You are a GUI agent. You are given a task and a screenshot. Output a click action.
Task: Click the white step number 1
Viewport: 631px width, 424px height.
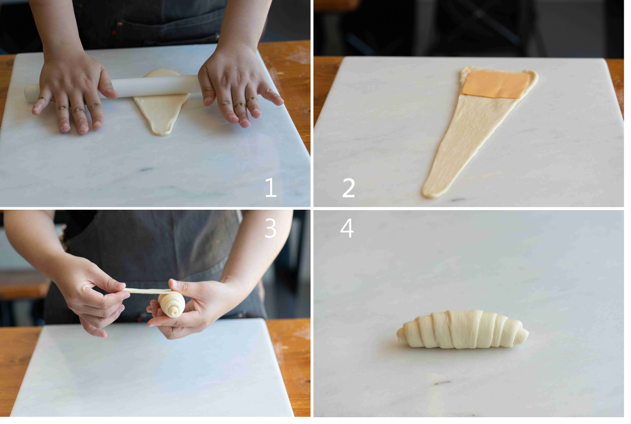point(271,187)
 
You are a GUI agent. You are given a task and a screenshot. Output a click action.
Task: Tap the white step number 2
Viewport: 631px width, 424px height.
point(349,188)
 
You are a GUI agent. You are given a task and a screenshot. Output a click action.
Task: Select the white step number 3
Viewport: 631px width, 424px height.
point(270,228)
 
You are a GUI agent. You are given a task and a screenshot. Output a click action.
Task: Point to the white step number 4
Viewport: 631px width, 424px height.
point(347,228)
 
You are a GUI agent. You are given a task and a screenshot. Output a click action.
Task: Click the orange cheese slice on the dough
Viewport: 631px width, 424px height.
point(496,84)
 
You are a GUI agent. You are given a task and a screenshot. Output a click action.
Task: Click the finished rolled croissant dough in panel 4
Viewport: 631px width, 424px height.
point(463,330)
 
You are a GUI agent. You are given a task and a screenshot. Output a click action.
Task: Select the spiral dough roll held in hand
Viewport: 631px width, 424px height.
point(171,304)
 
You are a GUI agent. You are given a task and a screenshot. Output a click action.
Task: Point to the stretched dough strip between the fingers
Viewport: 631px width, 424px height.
point(148,291)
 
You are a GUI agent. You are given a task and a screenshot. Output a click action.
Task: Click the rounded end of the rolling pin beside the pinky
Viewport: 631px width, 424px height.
point(29,93)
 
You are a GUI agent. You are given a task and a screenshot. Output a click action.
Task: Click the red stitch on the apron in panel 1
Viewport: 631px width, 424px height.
point(113,33)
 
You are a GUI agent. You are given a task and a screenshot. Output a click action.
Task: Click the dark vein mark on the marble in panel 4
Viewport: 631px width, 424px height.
point(443,382)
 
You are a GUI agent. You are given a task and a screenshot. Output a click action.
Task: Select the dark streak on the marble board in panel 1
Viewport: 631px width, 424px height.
point(147,169)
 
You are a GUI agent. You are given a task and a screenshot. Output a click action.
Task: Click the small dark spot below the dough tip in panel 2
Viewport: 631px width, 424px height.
point(458,199)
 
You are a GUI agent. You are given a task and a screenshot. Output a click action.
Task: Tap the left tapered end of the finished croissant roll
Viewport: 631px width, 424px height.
point(401,333)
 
